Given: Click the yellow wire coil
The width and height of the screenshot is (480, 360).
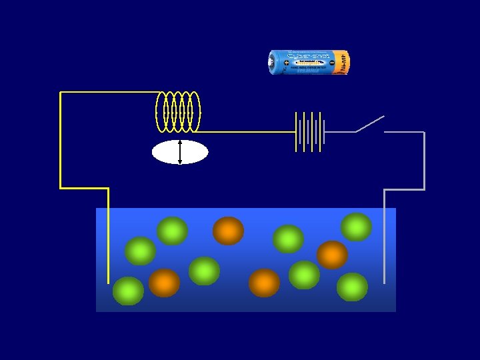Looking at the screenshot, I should [x=177, y=111].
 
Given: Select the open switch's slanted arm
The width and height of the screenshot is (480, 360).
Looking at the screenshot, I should [x=370, y=123].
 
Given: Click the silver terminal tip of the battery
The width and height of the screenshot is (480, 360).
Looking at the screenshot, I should [x=271, y=63].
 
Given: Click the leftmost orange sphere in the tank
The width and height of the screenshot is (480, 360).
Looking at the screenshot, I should [x=164, y=283].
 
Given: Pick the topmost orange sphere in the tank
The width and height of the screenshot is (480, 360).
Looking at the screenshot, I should [x=228, y=231].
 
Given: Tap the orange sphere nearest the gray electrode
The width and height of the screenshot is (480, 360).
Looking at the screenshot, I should [x=332, y=255].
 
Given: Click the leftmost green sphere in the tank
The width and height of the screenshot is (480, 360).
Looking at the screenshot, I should [x=128, y=291].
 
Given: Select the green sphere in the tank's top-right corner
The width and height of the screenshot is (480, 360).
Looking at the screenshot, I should [x=357, y=227].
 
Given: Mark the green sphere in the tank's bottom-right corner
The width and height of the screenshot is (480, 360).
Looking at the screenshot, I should [x=352, y=287].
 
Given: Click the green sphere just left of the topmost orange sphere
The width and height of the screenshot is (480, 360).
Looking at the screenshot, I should [x=173, y=231].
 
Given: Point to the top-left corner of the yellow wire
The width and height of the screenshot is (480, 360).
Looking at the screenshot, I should [x=61, y=93].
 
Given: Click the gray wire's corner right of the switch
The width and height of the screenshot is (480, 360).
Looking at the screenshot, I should [x=423, y=133].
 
